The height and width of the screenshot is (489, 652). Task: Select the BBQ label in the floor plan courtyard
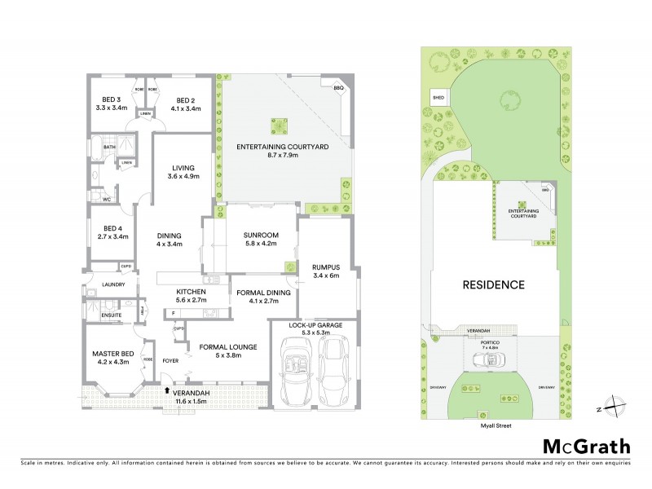[338, 85]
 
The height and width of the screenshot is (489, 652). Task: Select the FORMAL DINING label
[258, 296]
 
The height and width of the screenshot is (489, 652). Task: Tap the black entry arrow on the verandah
[169, 390]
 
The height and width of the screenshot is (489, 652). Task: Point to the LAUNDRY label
[113, 284]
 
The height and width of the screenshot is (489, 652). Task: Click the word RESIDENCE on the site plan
[494, 285]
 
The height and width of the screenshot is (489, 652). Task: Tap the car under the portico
[495, 359]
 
